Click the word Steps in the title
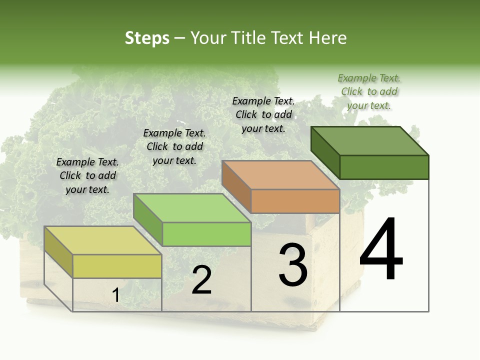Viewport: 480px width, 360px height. coord(147,38)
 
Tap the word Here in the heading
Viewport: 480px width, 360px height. coord(327,38)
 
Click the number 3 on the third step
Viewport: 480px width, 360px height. coord(293,265)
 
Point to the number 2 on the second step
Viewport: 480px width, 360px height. coord(201,280)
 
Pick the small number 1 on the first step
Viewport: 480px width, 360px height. coord(116,295)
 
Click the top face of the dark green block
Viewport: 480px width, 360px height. coord(370,140)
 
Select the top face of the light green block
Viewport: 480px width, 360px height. coord(192,208)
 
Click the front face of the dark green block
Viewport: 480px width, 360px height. coord(384,167)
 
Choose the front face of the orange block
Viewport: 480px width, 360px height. coord(295,201)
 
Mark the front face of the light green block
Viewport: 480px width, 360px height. coord(206,234)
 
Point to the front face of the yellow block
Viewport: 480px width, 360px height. coord(117,266)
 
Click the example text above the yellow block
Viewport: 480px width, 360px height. coord(87,175)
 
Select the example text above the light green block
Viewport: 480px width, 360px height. coord(174,146)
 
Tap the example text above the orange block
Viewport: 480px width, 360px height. coord(263,114)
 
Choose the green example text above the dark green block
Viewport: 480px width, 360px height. coord(369,91)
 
